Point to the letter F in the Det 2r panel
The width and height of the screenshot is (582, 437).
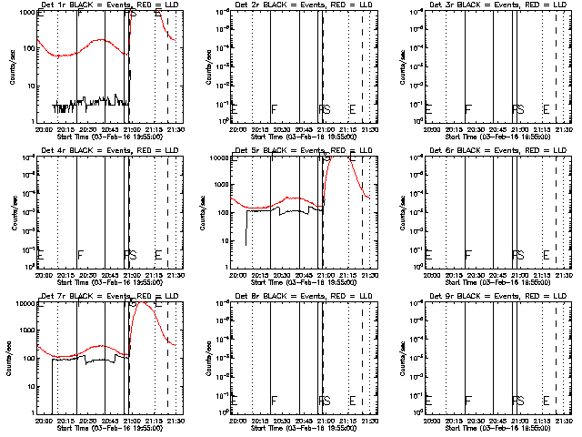(274, 109)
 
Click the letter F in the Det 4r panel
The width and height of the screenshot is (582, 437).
(80, 255)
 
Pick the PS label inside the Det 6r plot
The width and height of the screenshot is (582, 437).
(518, 255)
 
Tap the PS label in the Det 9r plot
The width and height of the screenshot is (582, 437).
(518, 401)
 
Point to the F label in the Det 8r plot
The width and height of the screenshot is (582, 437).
(274, 401)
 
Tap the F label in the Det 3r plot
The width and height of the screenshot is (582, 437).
(468, 109)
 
